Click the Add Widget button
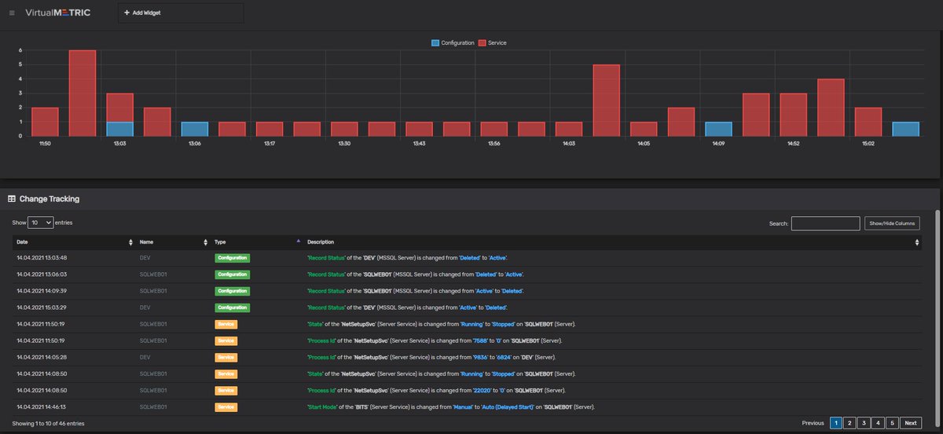[142, 13]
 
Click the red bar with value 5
[606, 100]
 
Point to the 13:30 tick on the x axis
[344, 144]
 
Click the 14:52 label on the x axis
[794, 144]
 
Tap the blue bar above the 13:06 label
[195, 129]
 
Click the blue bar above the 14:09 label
[718, 129]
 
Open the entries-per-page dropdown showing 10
[41, 223]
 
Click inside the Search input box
[825, 224]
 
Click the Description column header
[321, 242]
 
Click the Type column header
[221, 242]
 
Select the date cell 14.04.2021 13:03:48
[42, 258]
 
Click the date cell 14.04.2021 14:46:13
[42, 406]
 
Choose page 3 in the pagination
[863, 423]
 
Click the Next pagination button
[910, 423]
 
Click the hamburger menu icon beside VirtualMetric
[12, 13]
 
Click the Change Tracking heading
[49, 199]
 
